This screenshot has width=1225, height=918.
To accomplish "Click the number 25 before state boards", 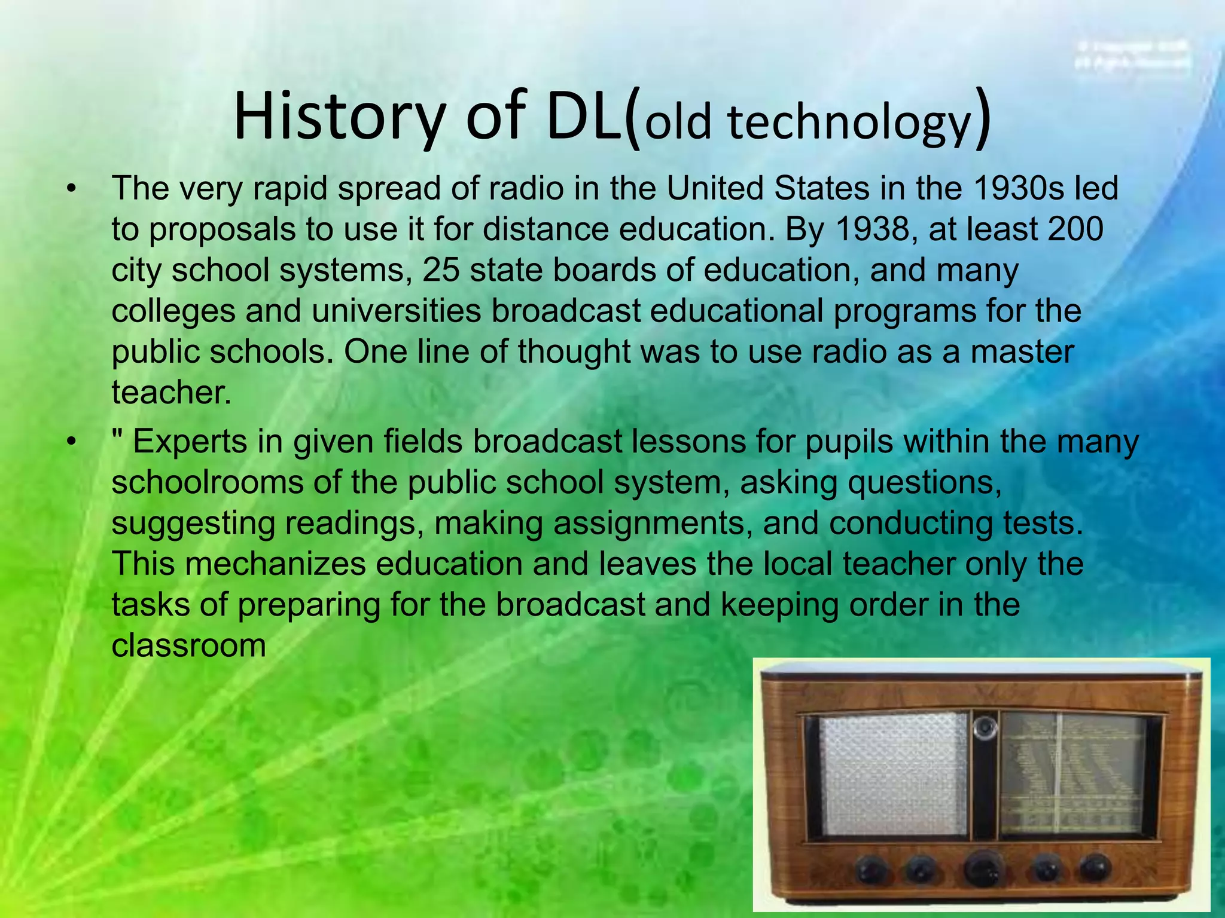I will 441,270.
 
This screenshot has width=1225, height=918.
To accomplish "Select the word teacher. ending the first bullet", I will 171,393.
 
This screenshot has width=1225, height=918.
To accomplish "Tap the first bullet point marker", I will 72,189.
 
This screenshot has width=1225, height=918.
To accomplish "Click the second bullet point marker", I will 72,443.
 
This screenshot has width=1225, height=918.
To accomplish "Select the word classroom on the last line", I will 188,645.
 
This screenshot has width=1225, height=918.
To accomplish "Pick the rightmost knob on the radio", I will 1095,868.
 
